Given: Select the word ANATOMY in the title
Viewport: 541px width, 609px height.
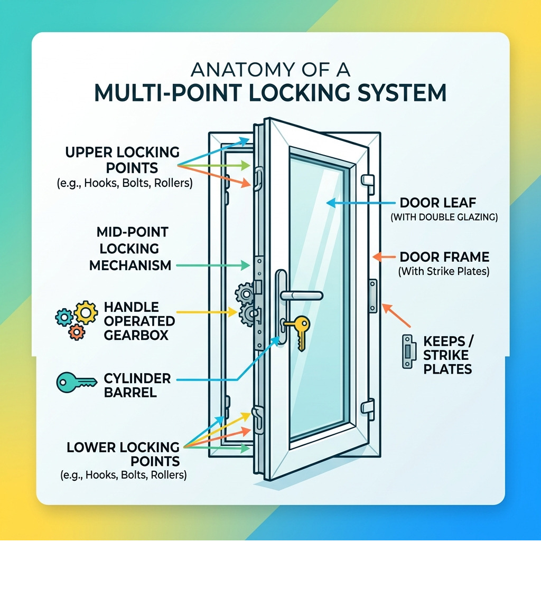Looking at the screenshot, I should (x=235, y=71).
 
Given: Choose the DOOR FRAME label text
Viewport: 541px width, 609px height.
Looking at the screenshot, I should (x=444, y=258).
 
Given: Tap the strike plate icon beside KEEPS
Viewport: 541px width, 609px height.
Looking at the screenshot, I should (x=408, y=351).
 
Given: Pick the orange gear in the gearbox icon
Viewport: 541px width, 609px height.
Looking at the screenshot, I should (x=77, y=332).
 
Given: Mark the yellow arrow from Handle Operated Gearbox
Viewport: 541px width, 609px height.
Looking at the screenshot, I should (x=206, y=312).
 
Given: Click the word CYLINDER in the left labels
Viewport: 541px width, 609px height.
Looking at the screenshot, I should (x=130, y=378).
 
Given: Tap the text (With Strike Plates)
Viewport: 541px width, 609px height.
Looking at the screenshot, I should (x=444, y=272).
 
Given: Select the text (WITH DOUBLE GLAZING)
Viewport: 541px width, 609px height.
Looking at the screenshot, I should (x=444, y=217).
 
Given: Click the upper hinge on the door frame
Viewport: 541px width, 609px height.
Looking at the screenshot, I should (x=367, y=180).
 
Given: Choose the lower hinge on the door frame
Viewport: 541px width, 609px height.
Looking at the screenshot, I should (x=367, y=406).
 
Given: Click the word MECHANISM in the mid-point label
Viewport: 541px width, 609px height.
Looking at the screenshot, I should (x=130, y=265).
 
